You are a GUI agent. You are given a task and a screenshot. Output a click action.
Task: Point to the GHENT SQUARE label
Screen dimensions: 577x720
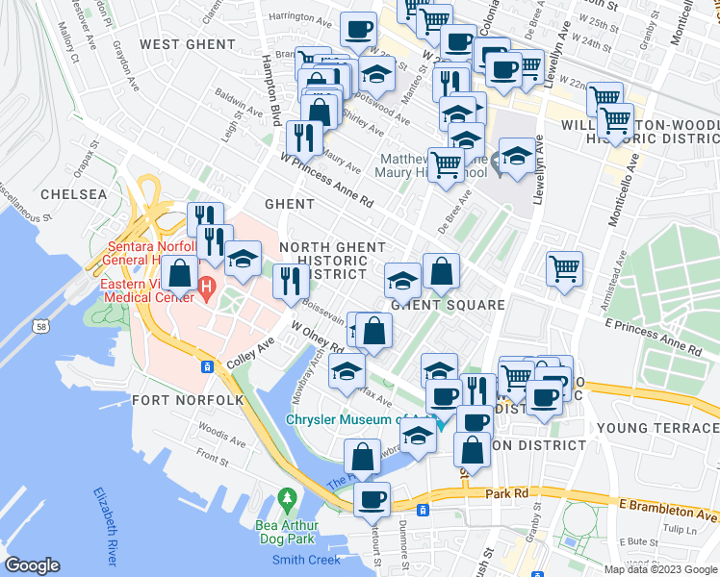[448, 305]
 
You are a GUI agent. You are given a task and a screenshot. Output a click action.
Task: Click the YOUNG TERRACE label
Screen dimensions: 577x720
[657, 427]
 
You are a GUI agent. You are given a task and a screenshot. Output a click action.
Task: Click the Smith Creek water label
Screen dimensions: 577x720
[306, 560]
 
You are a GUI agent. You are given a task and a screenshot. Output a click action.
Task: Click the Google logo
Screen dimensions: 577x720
[33, 564]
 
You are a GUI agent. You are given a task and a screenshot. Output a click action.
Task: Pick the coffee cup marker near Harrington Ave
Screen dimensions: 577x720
[358, 31]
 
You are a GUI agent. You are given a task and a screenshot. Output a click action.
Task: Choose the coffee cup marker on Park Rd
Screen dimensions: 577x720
[372, 499]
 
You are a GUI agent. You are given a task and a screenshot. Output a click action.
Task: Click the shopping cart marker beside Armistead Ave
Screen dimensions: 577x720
[564, 267]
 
